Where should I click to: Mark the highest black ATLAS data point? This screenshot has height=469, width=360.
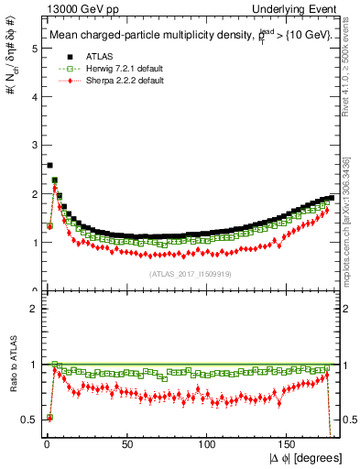pos(49,166)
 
